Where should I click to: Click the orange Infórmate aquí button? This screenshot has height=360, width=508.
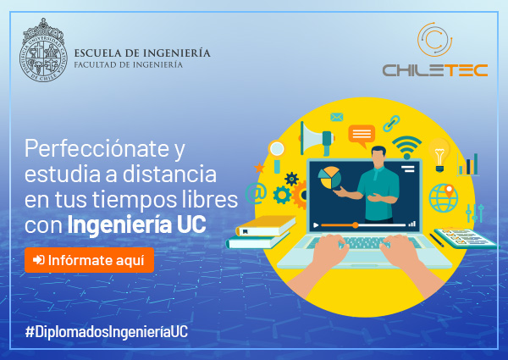coord(89,260)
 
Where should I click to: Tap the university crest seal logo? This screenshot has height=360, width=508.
coord(43,50)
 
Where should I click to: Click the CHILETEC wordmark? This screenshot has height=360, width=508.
coord(435,70)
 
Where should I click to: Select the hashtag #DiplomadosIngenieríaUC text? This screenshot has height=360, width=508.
coord(107,332)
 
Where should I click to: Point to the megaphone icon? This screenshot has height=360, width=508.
coord(317,139)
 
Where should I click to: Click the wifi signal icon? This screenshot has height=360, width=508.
coord(407,147)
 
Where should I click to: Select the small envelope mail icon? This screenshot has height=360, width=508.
coord(337,117)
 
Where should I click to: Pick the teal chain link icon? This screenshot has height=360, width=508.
coord(391,123)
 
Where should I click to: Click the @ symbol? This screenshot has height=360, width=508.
coord(256,193)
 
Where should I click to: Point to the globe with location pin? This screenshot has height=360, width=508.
coord(444,197)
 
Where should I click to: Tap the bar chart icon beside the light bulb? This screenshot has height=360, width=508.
coord(468,165)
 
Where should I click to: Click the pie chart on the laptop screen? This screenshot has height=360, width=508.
coord(329,178)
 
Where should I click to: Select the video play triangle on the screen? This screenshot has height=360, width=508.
coord(316,224)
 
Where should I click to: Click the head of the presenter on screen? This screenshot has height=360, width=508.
coord(378,157)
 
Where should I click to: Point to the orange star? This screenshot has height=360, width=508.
coord(259,168)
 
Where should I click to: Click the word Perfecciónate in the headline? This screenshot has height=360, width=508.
coord(97,148)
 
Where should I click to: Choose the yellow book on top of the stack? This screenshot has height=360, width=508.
coord(266,225)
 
